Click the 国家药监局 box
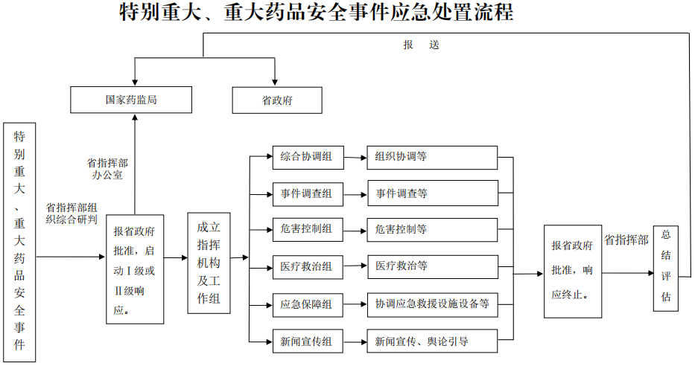pos(131,100)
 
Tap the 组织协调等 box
pos(432,157)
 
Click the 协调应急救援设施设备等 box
pos(432,304)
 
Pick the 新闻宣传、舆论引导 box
pos(432,341)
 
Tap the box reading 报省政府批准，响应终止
pos(572,271)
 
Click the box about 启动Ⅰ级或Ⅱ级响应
pos(135,269)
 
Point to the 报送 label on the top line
pos(422,45)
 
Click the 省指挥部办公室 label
pos(107,169)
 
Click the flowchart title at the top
pos(317,13)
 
